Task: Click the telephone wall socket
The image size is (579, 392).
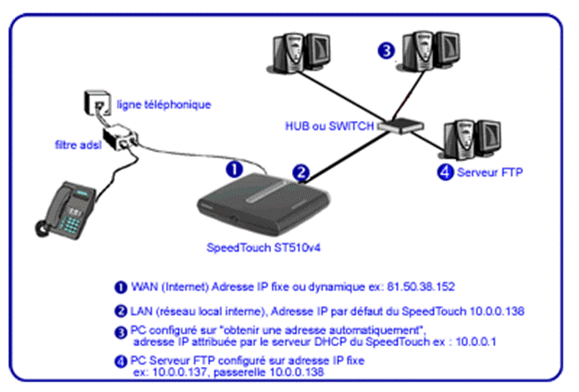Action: pyautogui.click(x=98, y=102)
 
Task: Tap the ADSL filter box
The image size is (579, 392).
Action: pyautogui.click(x=120, y=137)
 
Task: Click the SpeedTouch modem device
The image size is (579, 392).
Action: pyautogui.click(x=263, y=204)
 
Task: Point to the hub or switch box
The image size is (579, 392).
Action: pyautogui.click(x=401, y=126)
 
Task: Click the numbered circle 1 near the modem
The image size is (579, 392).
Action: pyautogui.click(x=234, y=169)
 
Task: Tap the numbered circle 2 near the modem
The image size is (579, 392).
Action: pyautogui.click(x=301, y=173)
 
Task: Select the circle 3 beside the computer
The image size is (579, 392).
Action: pyautogui.click(x=386, y=50)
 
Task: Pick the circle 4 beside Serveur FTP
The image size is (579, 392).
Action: pyautogui.click(x=446, y=172)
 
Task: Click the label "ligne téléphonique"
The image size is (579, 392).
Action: pyautogui.click(x=164, y=104)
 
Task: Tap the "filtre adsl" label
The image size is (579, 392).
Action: pyautogui.click(x=78, y=144)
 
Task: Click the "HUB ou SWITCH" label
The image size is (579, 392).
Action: pyautogui.click(x=330, y=126)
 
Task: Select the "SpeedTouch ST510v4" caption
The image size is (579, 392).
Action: pyautogui.click(x=264, y=248)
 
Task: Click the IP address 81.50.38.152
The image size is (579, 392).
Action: pyautogui.click(x=420, y=287)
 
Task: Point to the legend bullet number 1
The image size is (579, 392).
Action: pyautogui.click(x=121, y=287)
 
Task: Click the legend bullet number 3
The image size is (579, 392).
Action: pyautogui.click(x=121, y=333)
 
